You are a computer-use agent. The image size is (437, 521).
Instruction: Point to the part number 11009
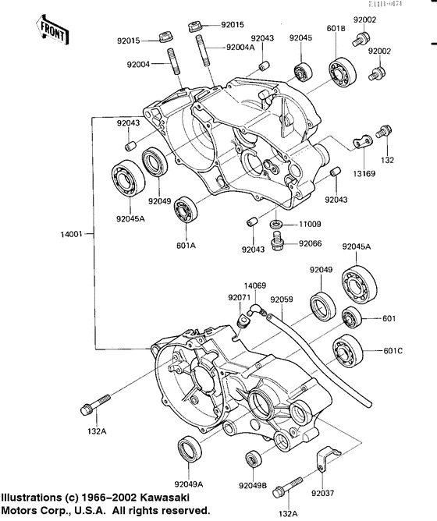(311, 224)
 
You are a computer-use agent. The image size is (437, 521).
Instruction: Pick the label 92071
(240, 298)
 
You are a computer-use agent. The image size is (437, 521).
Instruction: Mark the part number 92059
(282, 298)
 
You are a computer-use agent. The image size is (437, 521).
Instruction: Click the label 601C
(393, 350)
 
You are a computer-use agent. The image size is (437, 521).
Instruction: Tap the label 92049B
(252, 485)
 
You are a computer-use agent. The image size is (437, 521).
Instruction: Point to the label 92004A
(240, 48)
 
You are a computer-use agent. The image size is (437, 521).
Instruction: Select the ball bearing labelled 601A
(186, 209)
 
